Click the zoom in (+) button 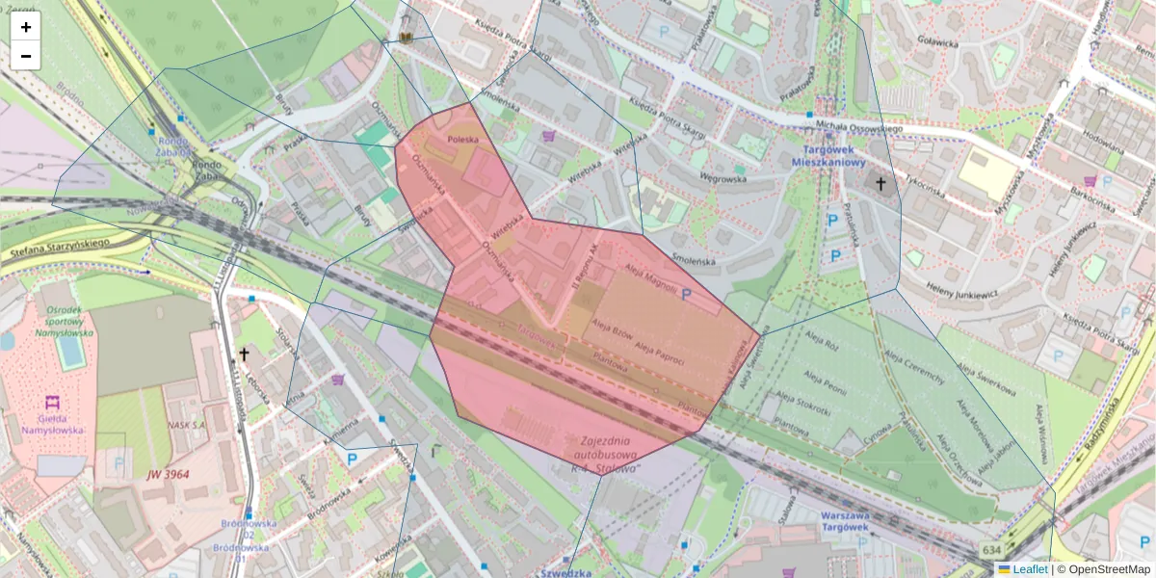[26, 27]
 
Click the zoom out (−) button [26, 56]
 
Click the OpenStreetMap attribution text [1108, 569]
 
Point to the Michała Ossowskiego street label [859, 128]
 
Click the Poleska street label [462, 141]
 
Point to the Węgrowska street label [723, 178]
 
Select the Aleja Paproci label [660, 357]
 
